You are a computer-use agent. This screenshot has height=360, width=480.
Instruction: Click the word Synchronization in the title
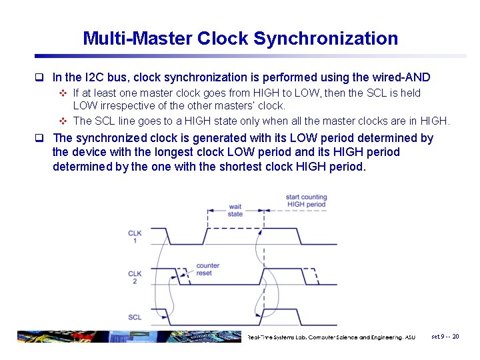(x=326, y=39)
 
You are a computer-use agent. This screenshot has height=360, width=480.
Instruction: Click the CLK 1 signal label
(x=135, y=236)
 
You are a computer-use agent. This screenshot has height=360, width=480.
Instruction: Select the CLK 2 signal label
(x=135, y=277)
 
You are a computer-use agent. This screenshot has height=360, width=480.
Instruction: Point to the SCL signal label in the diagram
(x=135, y=317)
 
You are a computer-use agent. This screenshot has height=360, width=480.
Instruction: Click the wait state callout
(x=235, y=210)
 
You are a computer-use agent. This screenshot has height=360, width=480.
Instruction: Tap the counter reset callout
(x=208, y=269)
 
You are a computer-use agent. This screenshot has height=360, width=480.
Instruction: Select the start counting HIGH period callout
(x=306, y=200)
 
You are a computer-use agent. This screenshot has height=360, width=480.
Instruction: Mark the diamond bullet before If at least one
(x=63, y=93)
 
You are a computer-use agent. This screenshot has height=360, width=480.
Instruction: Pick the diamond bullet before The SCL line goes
(x=63, y=121)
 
